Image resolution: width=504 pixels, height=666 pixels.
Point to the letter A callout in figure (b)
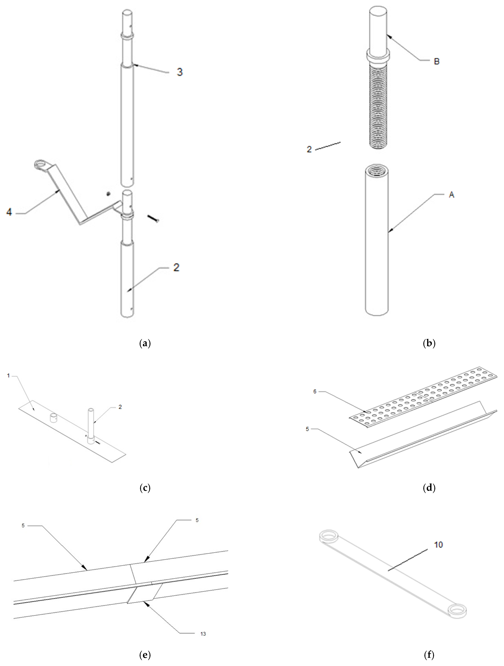(451, 195)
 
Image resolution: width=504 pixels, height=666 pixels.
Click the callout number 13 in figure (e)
(203, 634)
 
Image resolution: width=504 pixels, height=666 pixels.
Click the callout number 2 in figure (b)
(309, 149)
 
